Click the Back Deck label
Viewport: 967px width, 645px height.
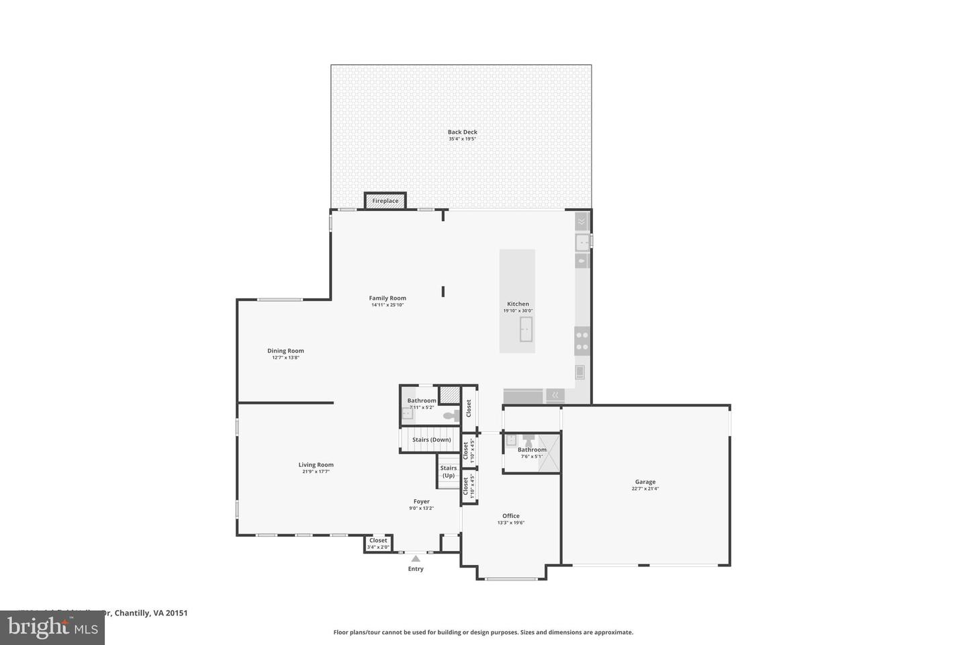(462, 132)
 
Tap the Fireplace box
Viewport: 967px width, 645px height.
(385, 201)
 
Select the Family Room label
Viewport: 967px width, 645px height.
(387, 298)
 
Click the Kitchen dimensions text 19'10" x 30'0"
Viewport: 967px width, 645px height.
(518, 310)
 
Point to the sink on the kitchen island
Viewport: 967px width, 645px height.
(525, 329)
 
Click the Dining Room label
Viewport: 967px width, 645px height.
(285, 351)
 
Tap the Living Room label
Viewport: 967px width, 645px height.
(316, 465)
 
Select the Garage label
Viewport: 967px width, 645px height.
(645, 482)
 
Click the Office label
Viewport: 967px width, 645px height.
(510, 516)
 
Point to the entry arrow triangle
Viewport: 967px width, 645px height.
(416, 558)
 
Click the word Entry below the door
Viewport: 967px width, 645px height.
(416, 569)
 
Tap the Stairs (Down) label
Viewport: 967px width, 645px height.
(431, 440)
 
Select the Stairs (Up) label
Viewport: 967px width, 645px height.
(448, 472)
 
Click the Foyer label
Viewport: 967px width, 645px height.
(421, 501)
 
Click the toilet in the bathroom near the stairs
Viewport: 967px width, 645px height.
(451, 415)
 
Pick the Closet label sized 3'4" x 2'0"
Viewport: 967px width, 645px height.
(378, 540)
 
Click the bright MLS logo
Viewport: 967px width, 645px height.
(52, 628)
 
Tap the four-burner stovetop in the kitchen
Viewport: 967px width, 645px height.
(582, 341)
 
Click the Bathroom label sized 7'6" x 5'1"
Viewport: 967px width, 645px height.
(532, 449)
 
